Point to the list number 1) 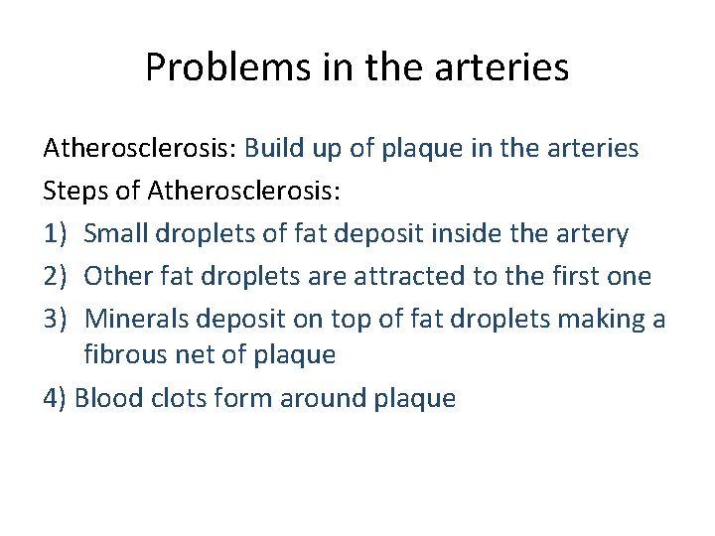click(56, 234)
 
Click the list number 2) click(56, 276)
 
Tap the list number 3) click(56, 319)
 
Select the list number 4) click(56, 399)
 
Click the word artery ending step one click(592, 235)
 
